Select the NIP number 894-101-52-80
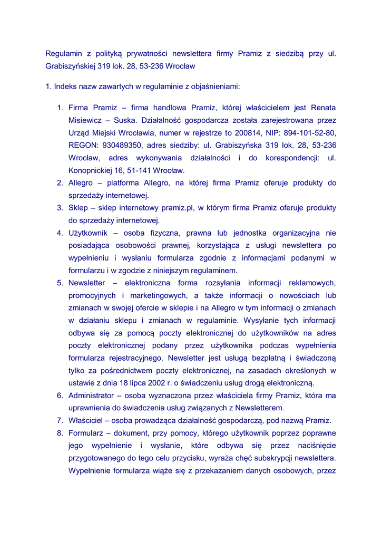click(309, 133)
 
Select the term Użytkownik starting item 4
click(88, 233)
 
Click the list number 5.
click(60, 283)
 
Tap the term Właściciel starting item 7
click(87, 421)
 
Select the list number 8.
click(60, 433)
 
